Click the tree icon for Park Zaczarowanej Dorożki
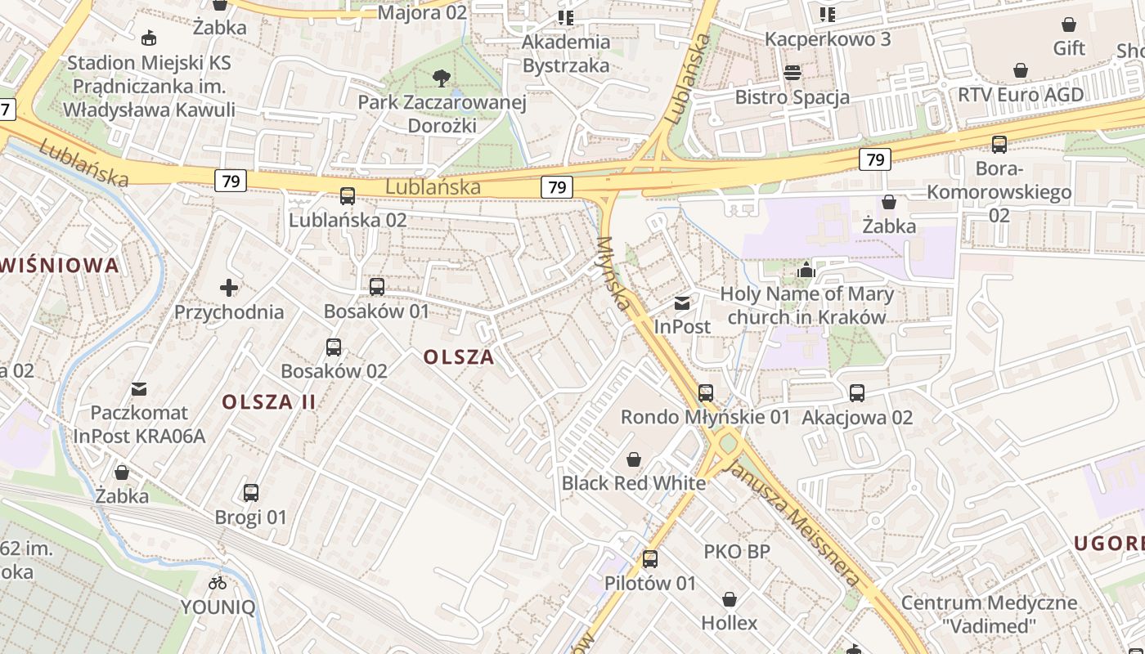442,78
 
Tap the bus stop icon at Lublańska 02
348,196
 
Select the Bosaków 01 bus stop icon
377,287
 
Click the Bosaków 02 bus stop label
334,370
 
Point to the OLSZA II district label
269,401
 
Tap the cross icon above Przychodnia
229,288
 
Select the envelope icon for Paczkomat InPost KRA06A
139,389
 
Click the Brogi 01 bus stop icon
251,493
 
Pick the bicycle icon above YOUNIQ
218,583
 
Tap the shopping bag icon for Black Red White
633,459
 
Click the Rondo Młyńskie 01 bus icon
706,393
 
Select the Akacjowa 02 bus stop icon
857,393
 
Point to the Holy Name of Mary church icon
806,270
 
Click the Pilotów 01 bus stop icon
650,559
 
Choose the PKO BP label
737,552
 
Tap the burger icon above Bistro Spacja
792,73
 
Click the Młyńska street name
615,274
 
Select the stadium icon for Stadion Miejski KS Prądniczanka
149,38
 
